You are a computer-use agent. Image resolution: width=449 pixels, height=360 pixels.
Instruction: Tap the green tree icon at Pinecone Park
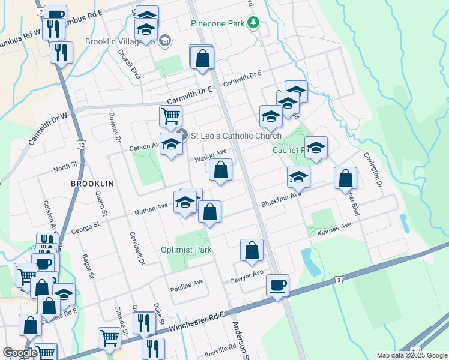[254, 23]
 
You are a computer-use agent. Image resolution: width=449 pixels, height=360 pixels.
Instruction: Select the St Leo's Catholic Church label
[236, 136]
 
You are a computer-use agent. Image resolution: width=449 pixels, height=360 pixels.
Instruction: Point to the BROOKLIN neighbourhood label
[92, 182]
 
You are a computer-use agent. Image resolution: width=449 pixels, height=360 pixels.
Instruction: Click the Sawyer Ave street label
[247, 277]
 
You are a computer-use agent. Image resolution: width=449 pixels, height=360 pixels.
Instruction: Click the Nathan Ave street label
[151, 208]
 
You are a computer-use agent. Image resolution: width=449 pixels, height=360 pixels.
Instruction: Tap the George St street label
[84, 227]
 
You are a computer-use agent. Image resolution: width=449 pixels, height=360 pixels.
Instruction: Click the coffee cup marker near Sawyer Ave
[277, 286]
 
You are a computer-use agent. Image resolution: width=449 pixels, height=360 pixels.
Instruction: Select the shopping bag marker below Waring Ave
[221, 170]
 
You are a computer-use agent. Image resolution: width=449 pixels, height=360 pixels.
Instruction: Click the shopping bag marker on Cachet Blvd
[345, 179]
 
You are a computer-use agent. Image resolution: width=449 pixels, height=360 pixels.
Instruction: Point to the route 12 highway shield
[82, 145]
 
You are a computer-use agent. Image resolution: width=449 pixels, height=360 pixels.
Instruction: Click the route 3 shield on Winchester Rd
[339, 280]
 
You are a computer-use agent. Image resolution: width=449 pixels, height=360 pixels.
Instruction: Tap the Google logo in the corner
[20, 353]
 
